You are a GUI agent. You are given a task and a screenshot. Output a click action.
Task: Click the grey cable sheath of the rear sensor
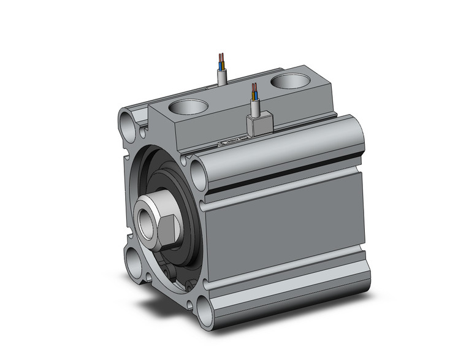[x=223, y=77]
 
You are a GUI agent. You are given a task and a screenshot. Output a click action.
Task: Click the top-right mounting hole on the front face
[x=199, y=174]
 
